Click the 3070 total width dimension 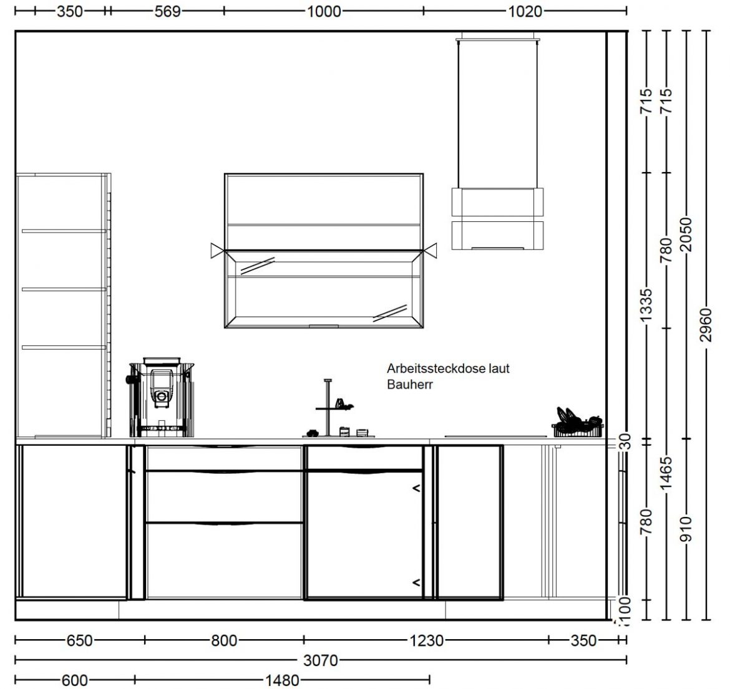(x=320, y=660)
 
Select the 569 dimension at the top (x=168, y=11)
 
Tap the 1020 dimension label (x=525, y=11)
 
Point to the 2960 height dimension (x=706, y=325)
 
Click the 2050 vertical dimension (x=686, y=234)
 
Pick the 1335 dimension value (x=646, y=305)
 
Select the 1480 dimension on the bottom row (x=282, y=680)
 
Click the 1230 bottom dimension (x=426, y=640)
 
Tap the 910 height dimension (x=686, y=529)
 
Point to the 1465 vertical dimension (x=666, y=473)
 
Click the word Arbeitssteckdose (x=436, y=369)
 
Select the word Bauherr (x=410, y=384)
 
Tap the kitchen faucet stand (x=328, y=408)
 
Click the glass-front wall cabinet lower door (x=324, y=289)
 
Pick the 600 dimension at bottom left (x=74, y=680)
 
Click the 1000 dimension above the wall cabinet (x=324, y=11)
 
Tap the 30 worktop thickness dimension (x=626, y=441)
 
